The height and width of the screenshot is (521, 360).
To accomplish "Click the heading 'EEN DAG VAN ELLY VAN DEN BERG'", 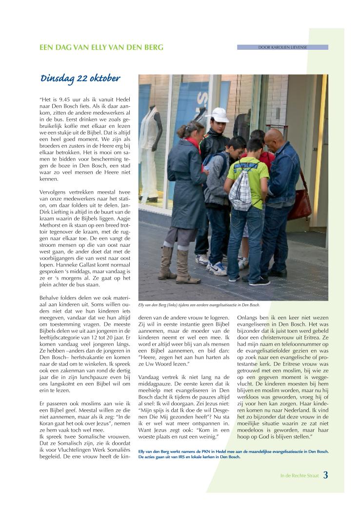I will point(101,47).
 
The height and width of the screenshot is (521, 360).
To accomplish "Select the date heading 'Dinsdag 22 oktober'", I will point(80,79).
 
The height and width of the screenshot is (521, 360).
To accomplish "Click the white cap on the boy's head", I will point(218,115).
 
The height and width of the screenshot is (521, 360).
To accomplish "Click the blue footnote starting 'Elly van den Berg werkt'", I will point(233,454).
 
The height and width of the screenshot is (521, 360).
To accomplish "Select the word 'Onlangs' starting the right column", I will point(248,317).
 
